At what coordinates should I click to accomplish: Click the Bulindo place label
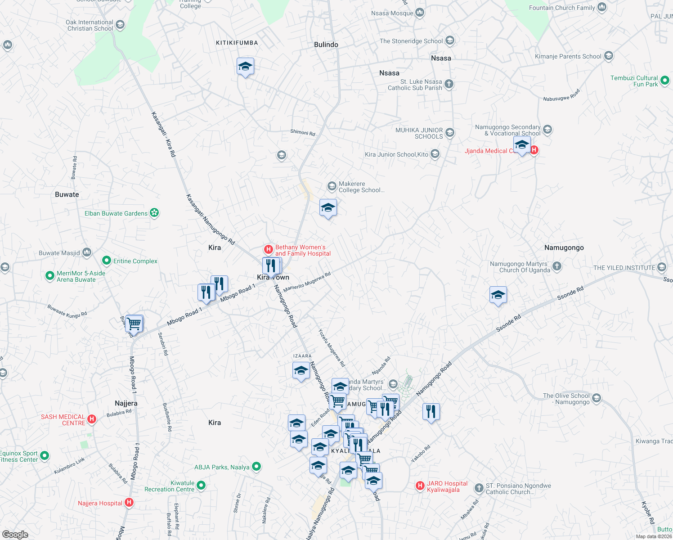coord(326,45)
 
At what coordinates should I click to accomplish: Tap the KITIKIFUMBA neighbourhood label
coord(237,43)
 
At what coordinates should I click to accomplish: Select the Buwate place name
coord(67,194)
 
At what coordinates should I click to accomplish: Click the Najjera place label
coord(126,403)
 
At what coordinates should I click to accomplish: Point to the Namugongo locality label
coord(564,247)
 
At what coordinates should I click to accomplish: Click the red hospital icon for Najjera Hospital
coord(129,503)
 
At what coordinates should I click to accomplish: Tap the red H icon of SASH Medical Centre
coord(92,419)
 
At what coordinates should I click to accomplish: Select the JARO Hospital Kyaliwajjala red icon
coord(420,486)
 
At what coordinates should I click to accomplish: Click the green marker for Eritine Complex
coord(107,261)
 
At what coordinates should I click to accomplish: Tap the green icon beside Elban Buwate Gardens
coord(154,212)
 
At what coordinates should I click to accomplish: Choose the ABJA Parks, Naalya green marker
coord(256,467)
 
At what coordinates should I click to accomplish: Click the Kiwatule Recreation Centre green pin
coord(201,486)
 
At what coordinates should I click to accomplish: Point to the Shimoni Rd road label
coord(303,133)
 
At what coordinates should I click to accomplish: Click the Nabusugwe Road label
coord(561,95)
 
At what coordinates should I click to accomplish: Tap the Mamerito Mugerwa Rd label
coord(307,282)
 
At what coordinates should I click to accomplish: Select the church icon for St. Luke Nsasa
coord(449,84)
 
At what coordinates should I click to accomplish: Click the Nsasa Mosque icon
coord(420,13)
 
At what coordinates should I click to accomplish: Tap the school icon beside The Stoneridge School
coord(449,40)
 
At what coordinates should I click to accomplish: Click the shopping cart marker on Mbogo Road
coord(134,324)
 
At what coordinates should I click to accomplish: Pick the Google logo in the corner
coord(15,534)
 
